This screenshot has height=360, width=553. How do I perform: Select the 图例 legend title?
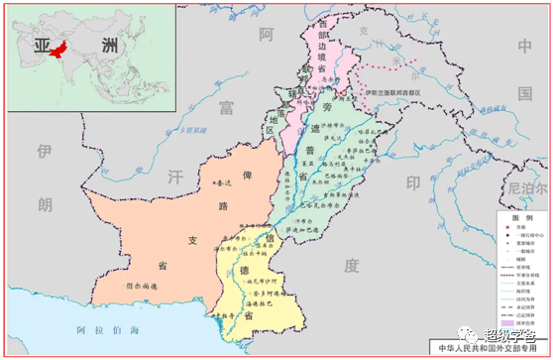click(522, 216)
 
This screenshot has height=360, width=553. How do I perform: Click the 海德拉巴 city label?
click(257, 309)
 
